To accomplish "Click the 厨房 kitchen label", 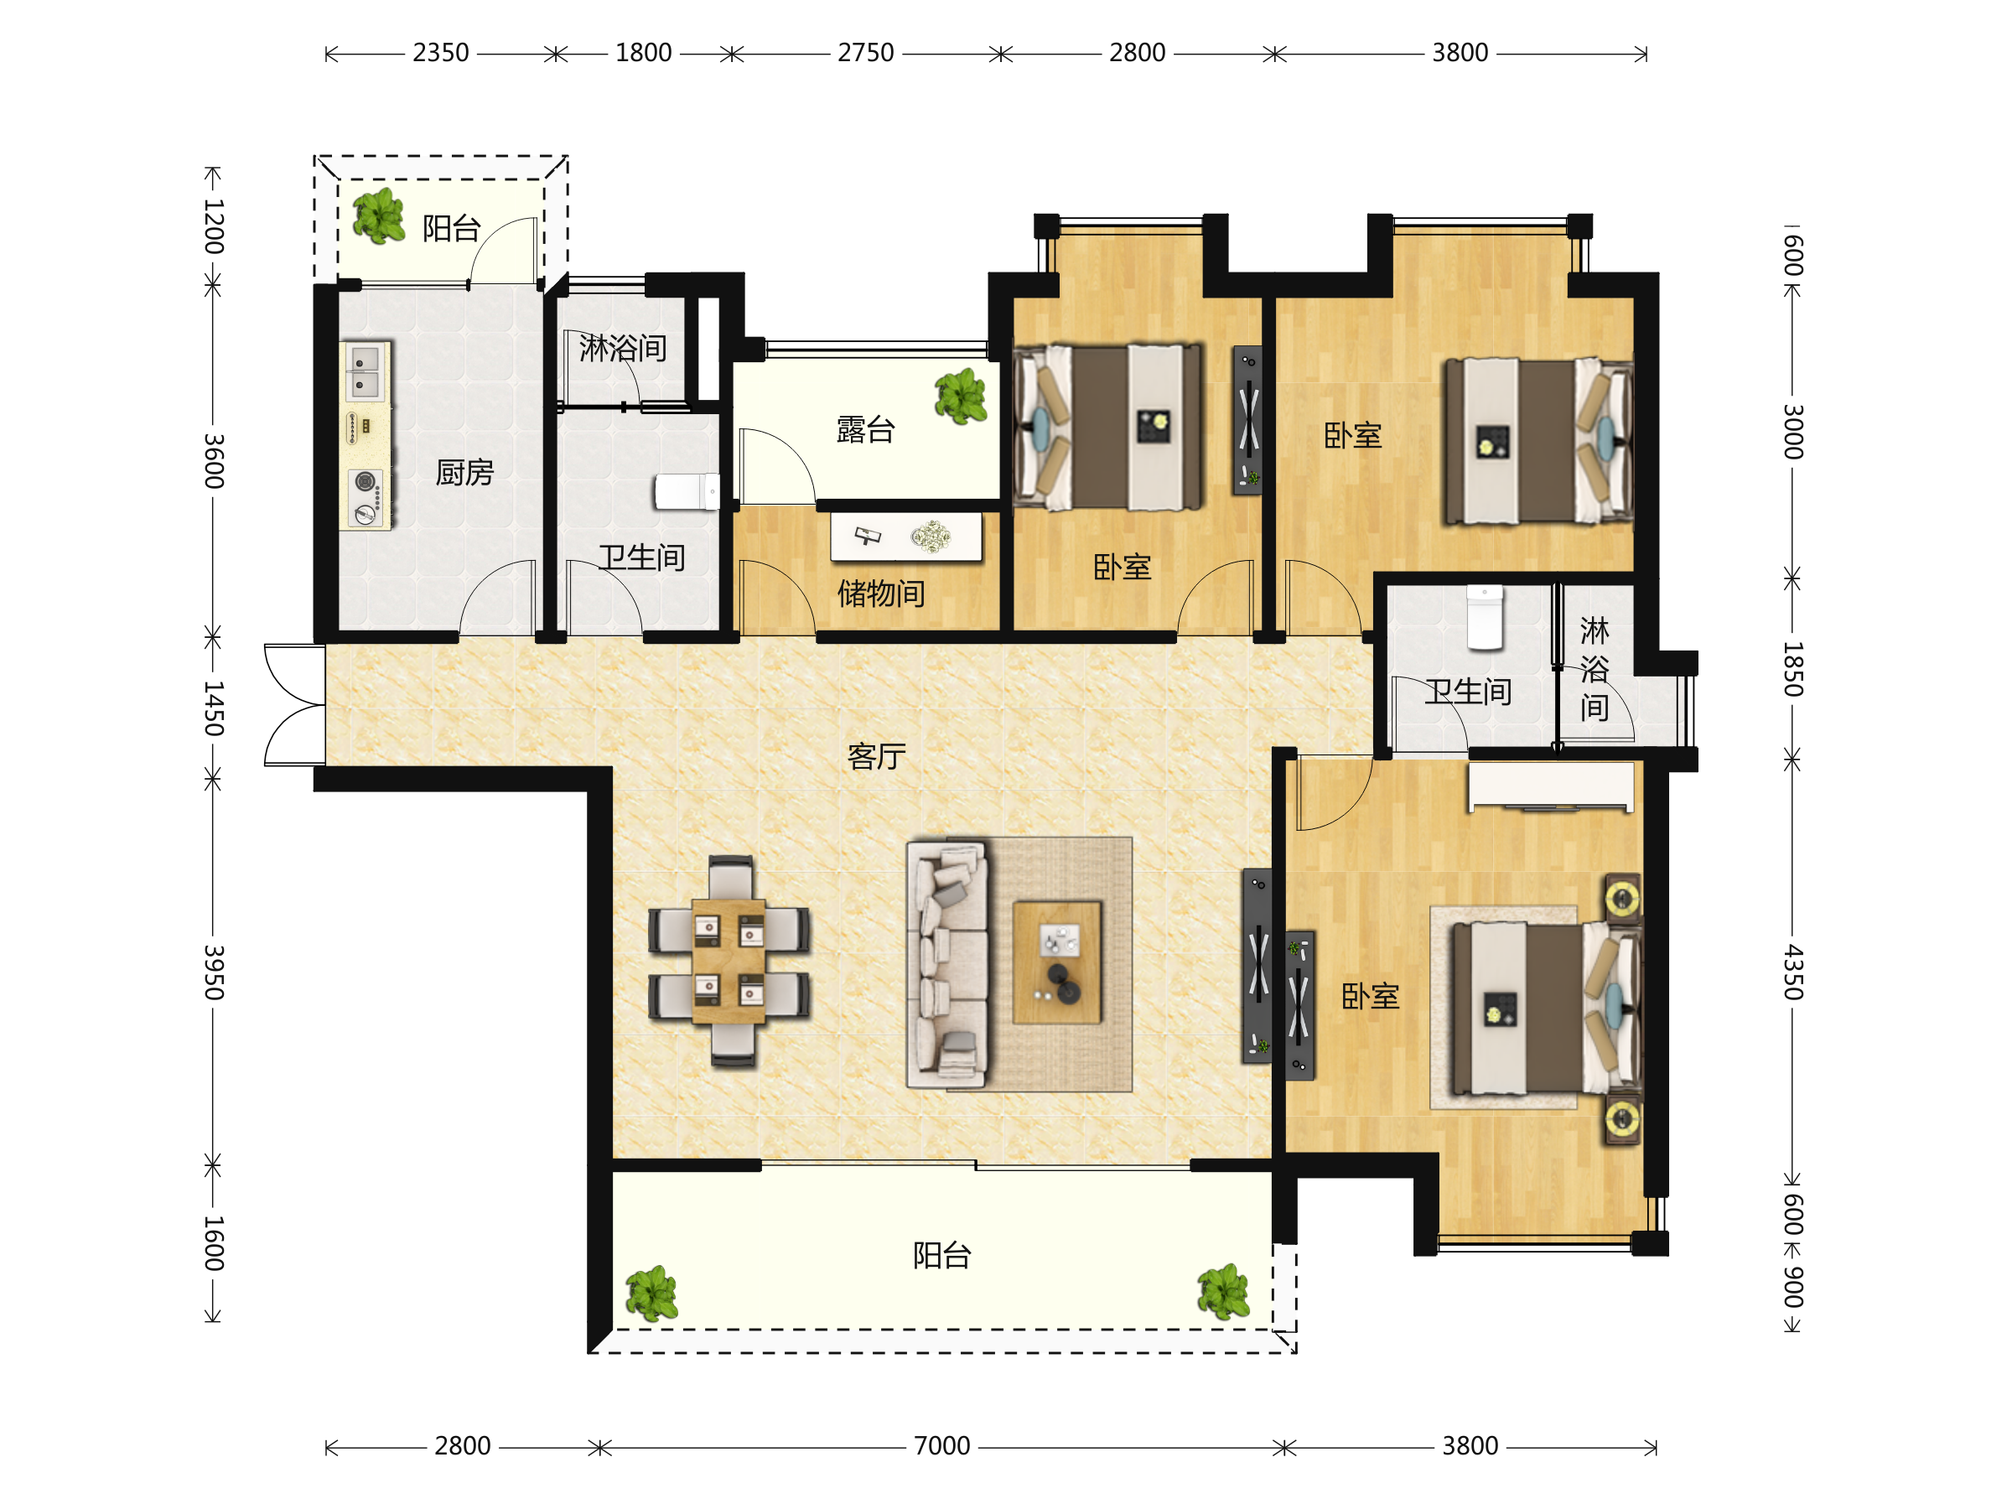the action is coord(464,472).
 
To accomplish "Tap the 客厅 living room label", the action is coord(877,756).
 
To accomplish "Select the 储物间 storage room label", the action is coord(881,593).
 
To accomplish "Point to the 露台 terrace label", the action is coord(866,429).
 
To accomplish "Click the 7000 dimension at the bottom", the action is coord(942,1445).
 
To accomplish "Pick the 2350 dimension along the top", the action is coord(441,53).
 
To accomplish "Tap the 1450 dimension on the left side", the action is coord(214,708).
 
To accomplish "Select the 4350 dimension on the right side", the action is coord(1792,972).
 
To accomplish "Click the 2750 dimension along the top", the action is coord(866,53).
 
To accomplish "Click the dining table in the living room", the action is coord(729,962).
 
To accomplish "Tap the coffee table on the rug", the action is coord(1057,962).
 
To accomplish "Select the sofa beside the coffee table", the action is coord(948,963).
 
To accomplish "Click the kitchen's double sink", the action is coord(365,371).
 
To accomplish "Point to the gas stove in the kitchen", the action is coord(366,496).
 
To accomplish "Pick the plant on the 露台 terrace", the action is coord(961,397).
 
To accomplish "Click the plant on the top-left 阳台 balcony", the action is coord(379,216).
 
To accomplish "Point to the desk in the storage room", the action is coord(906,537).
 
